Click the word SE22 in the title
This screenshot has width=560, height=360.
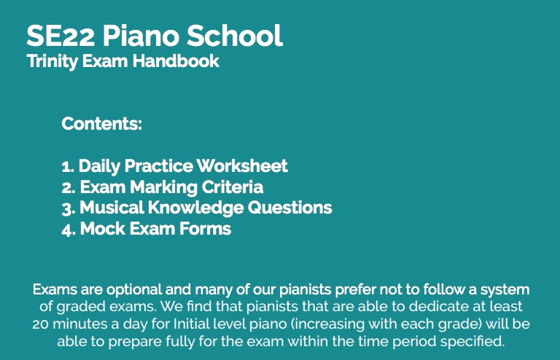click(61, 36)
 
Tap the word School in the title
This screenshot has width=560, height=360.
click(235, 35)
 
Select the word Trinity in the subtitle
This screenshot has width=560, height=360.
click(52, 61)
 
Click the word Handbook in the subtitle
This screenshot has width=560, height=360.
click(176, 60)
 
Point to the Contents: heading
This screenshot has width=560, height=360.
click(102, 123)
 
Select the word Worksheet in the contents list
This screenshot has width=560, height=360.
click(242, 165)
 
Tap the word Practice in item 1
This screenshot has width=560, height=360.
click(158, 165)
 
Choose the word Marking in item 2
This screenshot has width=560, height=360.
click(163, 187)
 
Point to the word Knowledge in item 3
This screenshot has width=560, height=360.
click(195, 208)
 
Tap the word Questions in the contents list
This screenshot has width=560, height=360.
click(290, 208)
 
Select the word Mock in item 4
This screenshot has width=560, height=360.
click(103, 229)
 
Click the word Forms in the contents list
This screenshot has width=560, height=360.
click(206, 229)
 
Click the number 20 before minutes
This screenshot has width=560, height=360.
click(40, 324)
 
